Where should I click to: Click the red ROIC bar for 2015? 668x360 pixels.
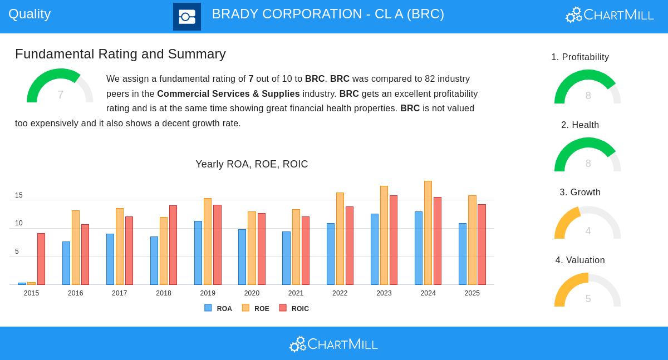tap(41, 259)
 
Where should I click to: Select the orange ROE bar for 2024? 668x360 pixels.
tap(428, 233)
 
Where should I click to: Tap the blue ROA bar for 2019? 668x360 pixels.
tap(198, 253)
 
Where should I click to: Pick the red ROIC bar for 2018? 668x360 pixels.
tap(173, 245)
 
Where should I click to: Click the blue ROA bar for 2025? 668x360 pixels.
tap(463, 254)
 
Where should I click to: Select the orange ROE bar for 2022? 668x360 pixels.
tap(340, 239)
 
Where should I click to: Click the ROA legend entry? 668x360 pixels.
tap(218, 308)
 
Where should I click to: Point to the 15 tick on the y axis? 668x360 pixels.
tap(19, 195)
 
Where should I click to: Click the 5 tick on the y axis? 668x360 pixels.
tap(17, 251)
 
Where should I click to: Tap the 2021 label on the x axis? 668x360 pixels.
tap(296, 293)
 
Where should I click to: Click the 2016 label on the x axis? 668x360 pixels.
tap(75, 293)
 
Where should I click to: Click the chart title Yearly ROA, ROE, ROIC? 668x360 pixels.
tap(252, 164)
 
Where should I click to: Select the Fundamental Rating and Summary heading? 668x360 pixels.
tap(120, 54)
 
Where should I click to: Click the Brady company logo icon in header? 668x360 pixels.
tap(187, 17)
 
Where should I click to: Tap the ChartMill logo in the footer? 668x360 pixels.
tap(333, 344)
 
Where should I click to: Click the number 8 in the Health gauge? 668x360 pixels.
tap(588, 164)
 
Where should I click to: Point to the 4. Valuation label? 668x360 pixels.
tap(580, 260)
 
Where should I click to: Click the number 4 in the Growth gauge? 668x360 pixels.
tap(588, 231)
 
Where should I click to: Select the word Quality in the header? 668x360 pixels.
tap(30, 14)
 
